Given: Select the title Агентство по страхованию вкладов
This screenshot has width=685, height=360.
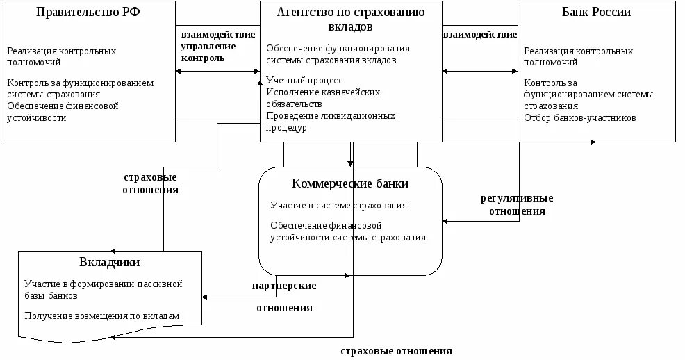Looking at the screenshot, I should [x=350, y=19].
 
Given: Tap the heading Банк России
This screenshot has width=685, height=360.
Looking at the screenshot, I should [x=596, y=13].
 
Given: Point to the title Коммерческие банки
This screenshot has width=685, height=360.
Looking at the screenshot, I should [x=349, y=183].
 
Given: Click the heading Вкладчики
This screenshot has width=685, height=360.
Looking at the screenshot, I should [x=110, y=262].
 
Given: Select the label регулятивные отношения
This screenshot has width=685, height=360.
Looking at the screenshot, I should [x=517, y=204].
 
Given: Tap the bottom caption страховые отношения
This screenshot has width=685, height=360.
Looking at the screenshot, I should [x=396, y=351].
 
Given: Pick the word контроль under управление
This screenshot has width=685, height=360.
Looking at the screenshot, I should [x=202, y=58].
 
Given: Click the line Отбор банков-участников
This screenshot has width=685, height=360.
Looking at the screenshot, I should [x=579, y=117].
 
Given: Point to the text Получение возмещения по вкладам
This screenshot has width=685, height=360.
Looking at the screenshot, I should [x=101, y=316].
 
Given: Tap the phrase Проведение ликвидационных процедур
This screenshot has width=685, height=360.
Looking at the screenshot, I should [x=331, y=122].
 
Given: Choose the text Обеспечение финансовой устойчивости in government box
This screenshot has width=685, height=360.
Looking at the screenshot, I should [x=63, y=112].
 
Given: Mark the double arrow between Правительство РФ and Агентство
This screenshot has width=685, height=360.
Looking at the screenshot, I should [x=218, y=71].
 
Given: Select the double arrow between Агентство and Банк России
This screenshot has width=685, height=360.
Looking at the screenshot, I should [x=480, y=71].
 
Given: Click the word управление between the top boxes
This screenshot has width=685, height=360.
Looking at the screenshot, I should [x=208, y=46].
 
